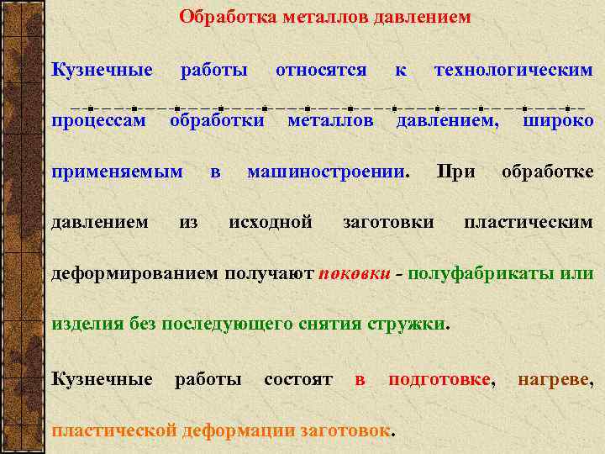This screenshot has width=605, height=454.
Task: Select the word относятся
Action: pos(321,70)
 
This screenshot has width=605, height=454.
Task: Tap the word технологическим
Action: pos(513,70)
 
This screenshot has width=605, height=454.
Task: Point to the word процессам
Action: pos(98,121)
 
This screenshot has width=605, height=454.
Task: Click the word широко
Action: pos(558,121)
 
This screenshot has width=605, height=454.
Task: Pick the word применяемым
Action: pos(118,172)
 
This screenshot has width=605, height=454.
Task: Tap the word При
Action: pos(456,172)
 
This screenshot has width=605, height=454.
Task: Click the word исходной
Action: pos(271,222)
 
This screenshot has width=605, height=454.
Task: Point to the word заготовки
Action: pos(388,222)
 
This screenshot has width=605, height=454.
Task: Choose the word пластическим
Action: pos(529,222)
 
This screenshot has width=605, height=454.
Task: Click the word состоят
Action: pos(298,379)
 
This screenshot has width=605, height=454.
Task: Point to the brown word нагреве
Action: pos(555,379)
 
